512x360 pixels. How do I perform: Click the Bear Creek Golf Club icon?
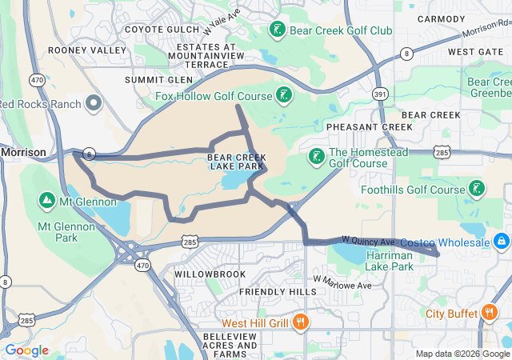click(277, 30)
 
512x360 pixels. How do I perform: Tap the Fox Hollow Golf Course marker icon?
click(283, 97)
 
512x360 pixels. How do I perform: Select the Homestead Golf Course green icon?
click(317, 156)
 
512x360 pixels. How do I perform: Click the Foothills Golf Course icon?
click(477, 190)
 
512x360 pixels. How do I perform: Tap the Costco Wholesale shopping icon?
click(502, 240)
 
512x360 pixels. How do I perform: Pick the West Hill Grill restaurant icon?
click(301, 322)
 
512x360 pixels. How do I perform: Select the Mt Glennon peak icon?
click(46, 200)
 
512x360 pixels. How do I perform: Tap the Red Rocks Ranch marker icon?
click(94, 103)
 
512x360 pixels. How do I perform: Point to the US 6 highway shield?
click(88, 154)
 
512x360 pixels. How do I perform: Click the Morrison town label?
click(23, 151)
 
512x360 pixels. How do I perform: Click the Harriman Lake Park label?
click(390, 260)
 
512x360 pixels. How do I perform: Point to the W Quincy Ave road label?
click(369, 240)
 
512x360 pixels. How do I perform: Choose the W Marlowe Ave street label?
click(343, 282)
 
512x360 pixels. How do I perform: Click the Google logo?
click(27, 350)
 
